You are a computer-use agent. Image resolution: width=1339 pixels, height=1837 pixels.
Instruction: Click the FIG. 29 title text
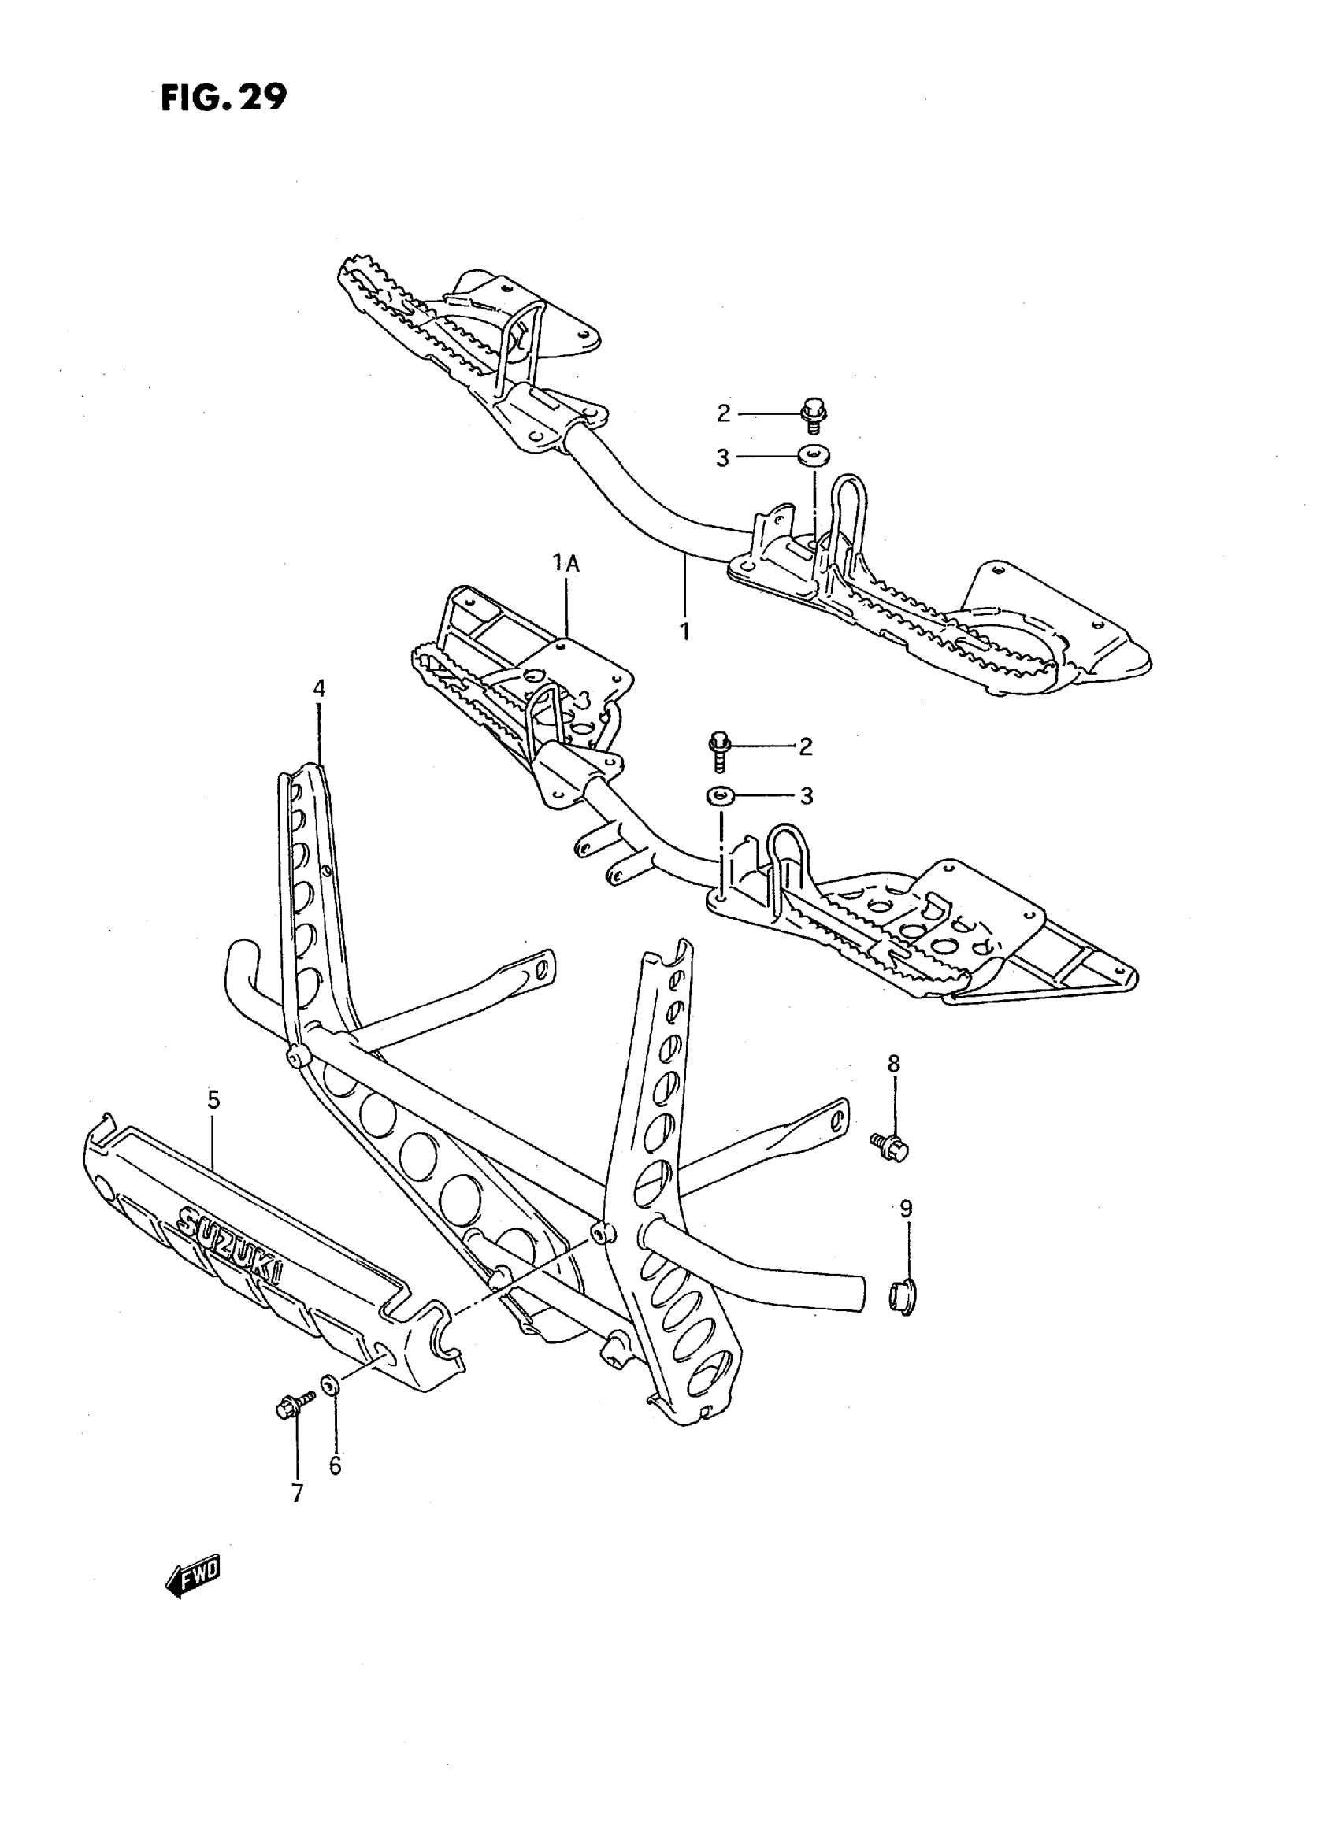pos(223,98)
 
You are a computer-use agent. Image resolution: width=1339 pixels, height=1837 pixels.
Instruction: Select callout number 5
pos(213,1100)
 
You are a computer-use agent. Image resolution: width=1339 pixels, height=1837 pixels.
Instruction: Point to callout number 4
pos(318,689)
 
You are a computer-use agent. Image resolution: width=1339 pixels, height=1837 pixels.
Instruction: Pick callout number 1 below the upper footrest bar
pos(685,631)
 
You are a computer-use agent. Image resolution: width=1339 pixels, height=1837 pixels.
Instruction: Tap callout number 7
pos(298,1493)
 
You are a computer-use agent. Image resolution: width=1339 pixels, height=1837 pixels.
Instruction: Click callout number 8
pos(893,1064)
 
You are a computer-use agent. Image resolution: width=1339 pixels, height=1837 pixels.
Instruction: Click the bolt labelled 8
pos(891,1146)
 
